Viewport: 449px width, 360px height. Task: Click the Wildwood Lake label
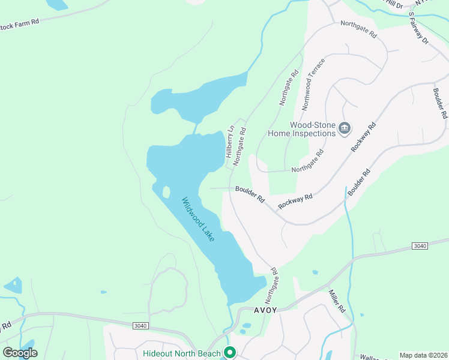pyautogui.click(x=199, y=220)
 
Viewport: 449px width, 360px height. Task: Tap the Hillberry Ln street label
pyautogui.click(x=229, y=142)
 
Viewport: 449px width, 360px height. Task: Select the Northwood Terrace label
pyautogui.click(x=314, y=83)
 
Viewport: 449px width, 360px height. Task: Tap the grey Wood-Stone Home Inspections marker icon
pyautogui.click(x=345, y=127)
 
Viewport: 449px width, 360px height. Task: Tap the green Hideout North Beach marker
pyautogui.click(x=229, y=352)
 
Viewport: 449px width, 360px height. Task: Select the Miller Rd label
pyautogui.click(x=336, y=301)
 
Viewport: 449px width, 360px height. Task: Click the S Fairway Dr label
pyautogui.click(x=418, y=29)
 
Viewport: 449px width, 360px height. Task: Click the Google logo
pyautogui.click(x=20, y=352)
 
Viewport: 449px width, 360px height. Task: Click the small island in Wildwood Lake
pyautogui.click(x=165, y=192)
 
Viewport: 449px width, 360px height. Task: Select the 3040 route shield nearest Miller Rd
pyautogui.click(x=420, y=246)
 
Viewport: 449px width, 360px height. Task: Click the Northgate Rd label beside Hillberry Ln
pyautogui.click(x=240, y=146)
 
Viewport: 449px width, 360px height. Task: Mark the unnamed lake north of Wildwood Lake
pyautogui.click(x=198, y=93)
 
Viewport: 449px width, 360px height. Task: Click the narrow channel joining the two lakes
pyautogui.click(x=195, y=128)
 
